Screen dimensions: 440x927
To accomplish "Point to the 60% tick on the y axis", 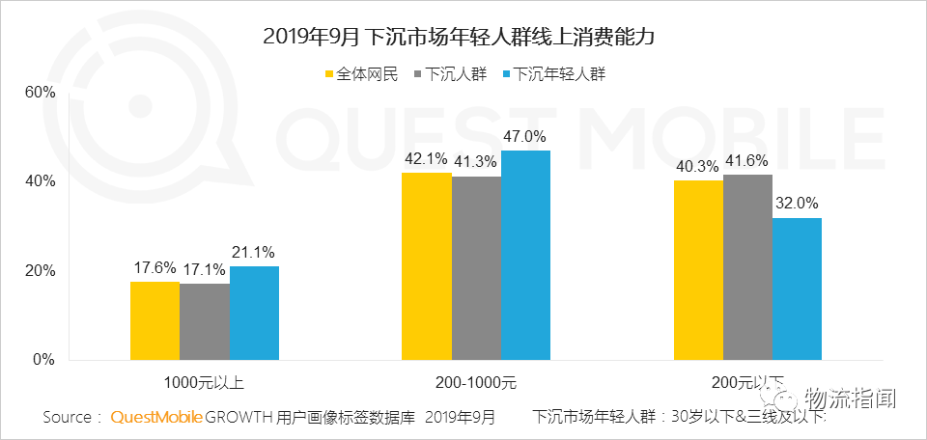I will pos(40,93).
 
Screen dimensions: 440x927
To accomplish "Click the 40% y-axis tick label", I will pos(40,181).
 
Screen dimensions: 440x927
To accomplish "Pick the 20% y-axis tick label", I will pos(40,271).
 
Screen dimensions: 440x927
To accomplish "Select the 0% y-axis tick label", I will pos(43,360).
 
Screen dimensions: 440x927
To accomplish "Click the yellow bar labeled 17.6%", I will pos(154,320).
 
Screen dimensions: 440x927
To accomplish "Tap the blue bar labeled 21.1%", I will pos(254,313).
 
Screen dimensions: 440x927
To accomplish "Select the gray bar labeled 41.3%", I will pos(476,268).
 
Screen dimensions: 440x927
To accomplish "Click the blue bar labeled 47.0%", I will pos(525,255).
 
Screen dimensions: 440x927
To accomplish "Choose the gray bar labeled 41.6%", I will pos(747,267).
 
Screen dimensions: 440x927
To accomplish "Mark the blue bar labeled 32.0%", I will pos(797,289).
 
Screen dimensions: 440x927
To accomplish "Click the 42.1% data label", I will pos(426,158).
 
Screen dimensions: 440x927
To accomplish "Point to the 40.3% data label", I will pos(697,166).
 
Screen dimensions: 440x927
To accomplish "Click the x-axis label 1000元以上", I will pos(205,383).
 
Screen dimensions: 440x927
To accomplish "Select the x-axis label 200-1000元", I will pos(476,383).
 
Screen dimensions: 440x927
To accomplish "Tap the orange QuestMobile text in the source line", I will pos(156,418).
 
